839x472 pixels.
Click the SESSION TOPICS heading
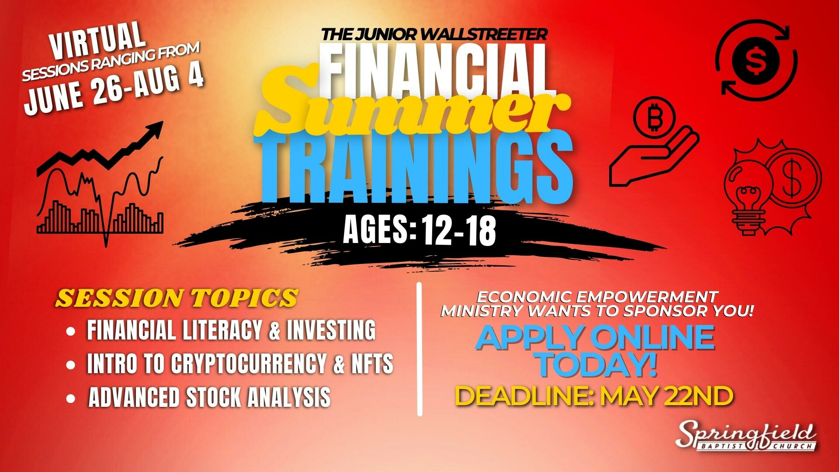coord(177,298)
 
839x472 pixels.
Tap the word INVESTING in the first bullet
coord(331,330)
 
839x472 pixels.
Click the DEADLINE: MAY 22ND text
coord(594,396)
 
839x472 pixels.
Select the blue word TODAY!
coord(597,365)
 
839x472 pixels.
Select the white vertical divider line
coord(419,349)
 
